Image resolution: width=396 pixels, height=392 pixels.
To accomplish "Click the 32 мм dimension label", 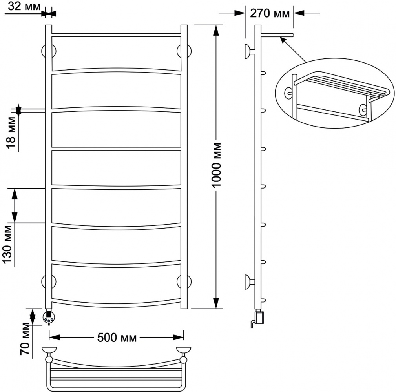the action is [x=24, y=6].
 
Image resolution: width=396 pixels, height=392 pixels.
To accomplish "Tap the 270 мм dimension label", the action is [x=270, y=13].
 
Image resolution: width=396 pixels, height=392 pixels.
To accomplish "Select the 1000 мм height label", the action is [x=217, y=165].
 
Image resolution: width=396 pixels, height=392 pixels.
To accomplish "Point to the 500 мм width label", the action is [x=117, y=338].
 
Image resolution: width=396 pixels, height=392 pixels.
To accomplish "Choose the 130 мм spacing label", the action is [x=8, y=245].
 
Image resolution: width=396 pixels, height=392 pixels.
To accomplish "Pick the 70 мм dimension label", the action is [x=25, y=339].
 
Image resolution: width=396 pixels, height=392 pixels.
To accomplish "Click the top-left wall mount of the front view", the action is [x=49, y=51].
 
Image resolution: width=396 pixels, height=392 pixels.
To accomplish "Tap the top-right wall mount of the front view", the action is [x=184, y=51].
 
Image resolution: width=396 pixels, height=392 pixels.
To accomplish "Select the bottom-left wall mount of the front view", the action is [x=49, y=281].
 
